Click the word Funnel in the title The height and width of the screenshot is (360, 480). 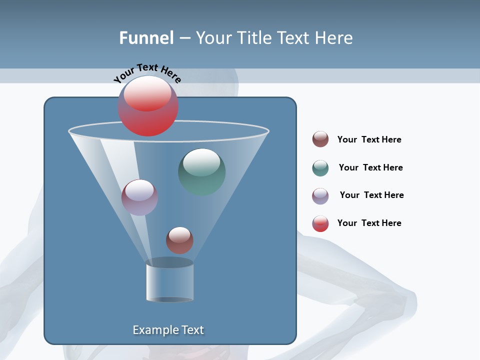[x=146, y=38]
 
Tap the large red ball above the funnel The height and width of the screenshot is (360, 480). [x=148, y=106]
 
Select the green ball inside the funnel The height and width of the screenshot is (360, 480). [x=202, y=172]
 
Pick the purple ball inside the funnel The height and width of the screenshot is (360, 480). [x=139, y=197]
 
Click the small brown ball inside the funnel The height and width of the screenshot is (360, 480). [x=179, y=240]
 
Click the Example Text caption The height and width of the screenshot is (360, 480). [x=168, y=330]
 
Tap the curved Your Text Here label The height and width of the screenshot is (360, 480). [x=147, y=73]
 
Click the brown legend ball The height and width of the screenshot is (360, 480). [x=320, y=139]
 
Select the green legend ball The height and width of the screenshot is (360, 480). [x=320, y=168]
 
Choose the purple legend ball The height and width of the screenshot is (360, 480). [x=320, y=196]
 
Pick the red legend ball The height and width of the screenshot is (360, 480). [x=320, y=223]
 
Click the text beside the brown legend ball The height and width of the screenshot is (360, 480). [x=369, y=139]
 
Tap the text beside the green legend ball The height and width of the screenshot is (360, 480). [x=370, y=167]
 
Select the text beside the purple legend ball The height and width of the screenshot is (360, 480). [x=371, y=195]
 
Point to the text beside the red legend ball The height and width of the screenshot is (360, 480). [x=369, y=223]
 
